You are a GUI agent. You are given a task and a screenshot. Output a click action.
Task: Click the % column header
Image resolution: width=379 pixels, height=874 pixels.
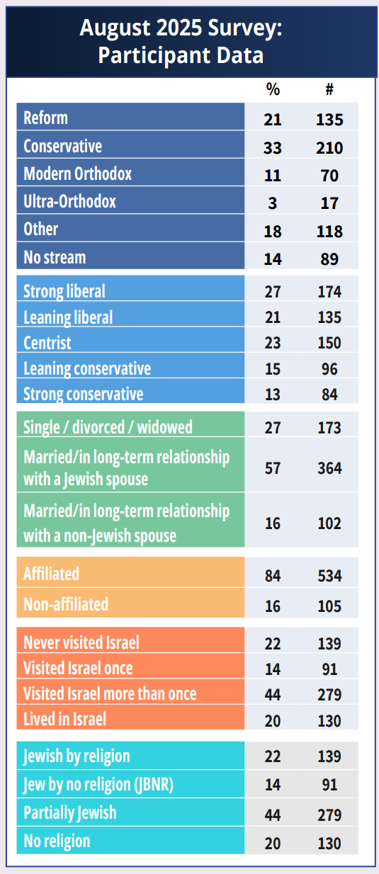pyautogui.click(x=273, y=89)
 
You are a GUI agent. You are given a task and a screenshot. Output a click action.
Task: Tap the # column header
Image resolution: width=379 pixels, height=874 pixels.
pyautogui.click(x=329, y=89)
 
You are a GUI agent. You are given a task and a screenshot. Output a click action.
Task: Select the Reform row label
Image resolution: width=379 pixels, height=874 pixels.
pyautogui.click(x=45, y=118)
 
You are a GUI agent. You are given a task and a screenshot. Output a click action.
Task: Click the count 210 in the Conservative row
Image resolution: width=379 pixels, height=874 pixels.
pyautogui.click(x=329, y=148)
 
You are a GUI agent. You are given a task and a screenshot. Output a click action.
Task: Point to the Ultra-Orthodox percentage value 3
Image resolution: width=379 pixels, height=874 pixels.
pyautogui.click(x=273, y=203)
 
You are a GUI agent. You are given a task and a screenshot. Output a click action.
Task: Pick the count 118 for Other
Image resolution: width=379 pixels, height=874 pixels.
pyautogui.click(x=329, y=232)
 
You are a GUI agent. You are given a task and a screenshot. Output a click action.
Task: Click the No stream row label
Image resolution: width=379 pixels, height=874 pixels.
pyautogui.click(x=55, y=258)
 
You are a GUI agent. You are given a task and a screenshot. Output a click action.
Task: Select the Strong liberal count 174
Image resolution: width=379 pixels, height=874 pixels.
pyautogui.click(x=329, y=292)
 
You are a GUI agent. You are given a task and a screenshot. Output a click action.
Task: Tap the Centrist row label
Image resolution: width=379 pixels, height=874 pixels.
pyautogui.click(x=47, y=343)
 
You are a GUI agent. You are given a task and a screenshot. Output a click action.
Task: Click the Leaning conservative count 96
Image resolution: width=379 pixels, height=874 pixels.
pyautogui.click(x=329, y=369)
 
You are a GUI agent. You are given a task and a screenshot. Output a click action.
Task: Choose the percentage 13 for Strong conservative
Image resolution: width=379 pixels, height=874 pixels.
pyautogui.click(x=273, y=395)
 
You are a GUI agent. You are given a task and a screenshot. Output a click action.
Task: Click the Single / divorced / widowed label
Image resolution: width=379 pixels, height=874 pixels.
pyautogui.click(x=108, y=427)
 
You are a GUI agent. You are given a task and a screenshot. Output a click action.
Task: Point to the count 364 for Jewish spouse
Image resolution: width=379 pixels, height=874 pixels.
pyautogui.click(x=329, y=468)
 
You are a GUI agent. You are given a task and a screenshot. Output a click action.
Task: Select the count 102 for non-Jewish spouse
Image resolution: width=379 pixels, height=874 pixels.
pyautogui.click(x=329, y=523)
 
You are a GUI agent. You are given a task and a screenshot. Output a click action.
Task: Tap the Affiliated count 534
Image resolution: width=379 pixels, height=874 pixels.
pyautogui.click(x=329, y=576)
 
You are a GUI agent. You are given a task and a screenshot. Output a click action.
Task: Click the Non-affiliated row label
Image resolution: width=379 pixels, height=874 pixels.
pyautogui.click(x=66, y=604)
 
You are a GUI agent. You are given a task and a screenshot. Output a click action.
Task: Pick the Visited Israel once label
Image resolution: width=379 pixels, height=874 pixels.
pyautogui.click(x=78, y=668)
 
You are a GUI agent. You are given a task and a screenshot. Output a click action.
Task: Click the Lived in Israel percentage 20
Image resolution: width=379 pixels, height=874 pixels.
pyautogui.click(x=273, y=720)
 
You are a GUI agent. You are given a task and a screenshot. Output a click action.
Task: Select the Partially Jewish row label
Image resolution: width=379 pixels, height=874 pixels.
pyautogui.click(x=70, y=813)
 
